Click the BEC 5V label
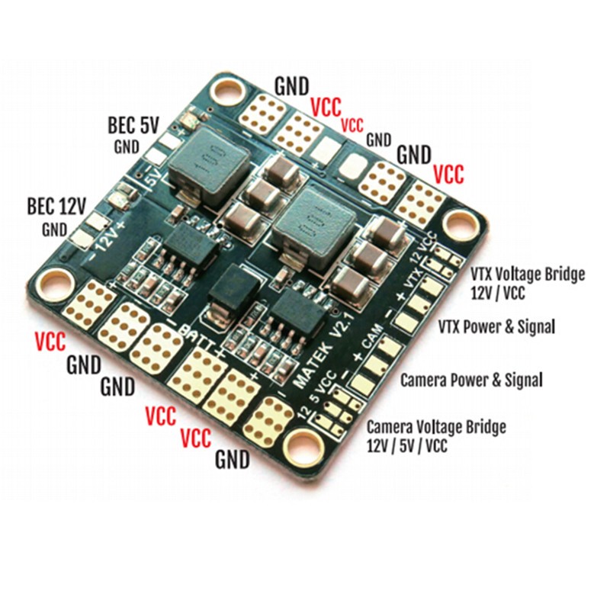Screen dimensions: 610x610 (133, 126)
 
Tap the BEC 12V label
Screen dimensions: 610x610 (56, 206)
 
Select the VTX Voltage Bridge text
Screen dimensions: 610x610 (528, 274)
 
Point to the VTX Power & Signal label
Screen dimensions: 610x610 (497, 327)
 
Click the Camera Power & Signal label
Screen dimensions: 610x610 (471, 380)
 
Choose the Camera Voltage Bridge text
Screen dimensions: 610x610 (436, 427)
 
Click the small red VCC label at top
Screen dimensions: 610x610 (352, 125)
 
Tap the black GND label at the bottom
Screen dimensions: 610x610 (233, 460)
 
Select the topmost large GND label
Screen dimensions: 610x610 (292, 86)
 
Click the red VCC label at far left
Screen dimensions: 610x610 (50, 341)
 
